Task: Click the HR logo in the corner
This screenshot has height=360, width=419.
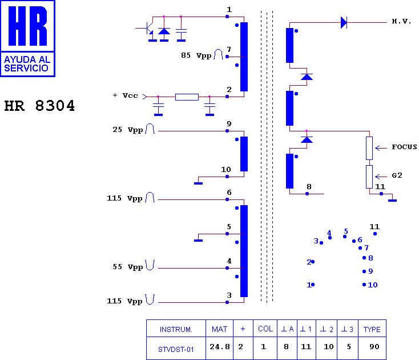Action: click(27, 38)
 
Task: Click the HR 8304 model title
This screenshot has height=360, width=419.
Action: click(39, 106)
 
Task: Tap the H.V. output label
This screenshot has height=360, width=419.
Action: click(401, 21)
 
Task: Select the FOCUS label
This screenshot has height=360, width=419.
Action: click(404, 147)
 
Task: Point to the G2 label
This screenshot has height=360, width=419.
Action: click(397, 175)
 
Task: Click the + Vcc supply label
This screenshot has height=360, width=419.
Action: click(125, 95)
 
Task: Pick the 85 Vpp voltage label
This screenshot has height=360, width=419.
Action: click(196, 55)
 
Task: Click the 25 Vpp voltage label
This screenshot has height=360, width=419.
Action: click(128, 130)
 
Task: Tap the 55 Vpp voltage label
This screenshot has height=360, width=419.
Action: click(128, 267)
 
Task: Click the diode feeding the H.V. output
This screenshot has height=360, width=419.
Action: click(344, 22)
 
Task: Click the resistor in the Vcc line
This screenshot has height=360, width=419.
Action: click(187, 97)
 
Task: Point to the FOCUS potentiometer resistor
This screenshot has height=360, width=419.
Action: click(369, 148)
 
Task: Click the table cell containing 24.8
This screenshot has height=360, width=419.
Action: click(220, 346)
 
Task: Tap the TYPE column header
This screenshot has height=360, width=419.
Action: click(372, 330)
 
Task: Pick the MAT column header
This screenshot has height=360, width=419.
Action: click(220, 330)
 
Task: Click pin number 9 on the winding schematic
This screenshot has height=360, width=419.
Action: click(228, 123)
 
